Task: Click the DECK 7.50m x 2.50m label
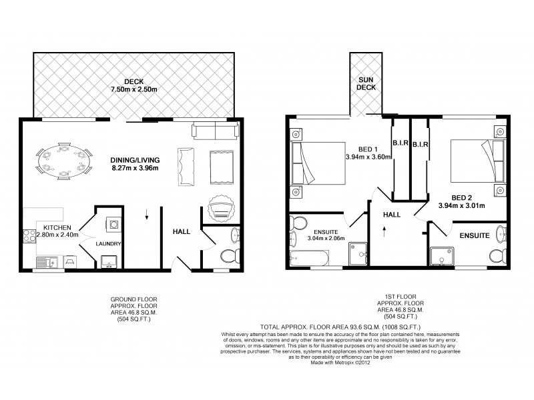coord(133,85)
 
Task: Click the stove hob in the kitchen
coord(30,235)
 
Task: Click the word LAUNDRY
coord(107,244)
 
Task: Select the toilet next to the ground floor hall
coord(230,256)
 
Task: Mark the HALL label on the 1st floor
coord(391,215)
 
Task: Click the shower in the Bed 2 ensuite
coord(443,255)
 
